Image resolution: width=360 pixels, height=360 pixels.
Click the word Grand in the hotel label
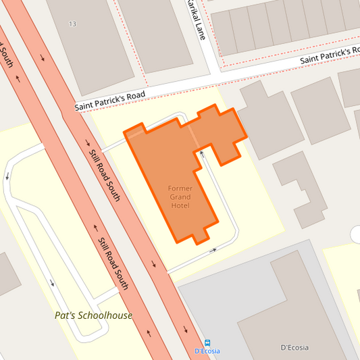click(180, 197)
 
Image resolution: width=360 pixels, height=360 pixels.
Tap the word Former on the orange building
click(180, 188)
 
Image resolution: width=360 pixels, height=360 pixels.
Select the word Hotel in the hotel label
click(180, 205)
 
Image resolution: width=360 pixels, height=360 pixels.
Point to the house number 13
click(72, 24)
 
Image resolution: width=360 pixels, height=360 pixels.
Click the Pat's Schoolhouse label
click(93, 315)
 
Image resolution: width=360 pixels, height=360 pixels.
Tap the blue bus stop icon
click(207, 342)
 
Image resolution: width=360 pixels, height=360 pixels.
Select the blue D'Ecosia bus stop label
click(207, 351)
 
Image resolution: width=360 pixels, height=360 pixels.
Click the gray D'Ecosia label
click(294, 348)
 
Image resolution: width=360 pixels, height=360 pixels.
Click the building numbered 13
click(88, 41)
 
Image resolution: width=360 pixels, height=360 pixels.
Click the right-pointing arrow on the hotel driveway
click(213, 250)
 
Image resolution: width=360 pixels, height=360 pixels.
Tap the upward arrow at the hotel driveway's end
click(201, 155)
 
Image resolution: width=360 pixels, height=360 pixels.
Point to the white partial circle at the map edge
click(355, 234)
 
